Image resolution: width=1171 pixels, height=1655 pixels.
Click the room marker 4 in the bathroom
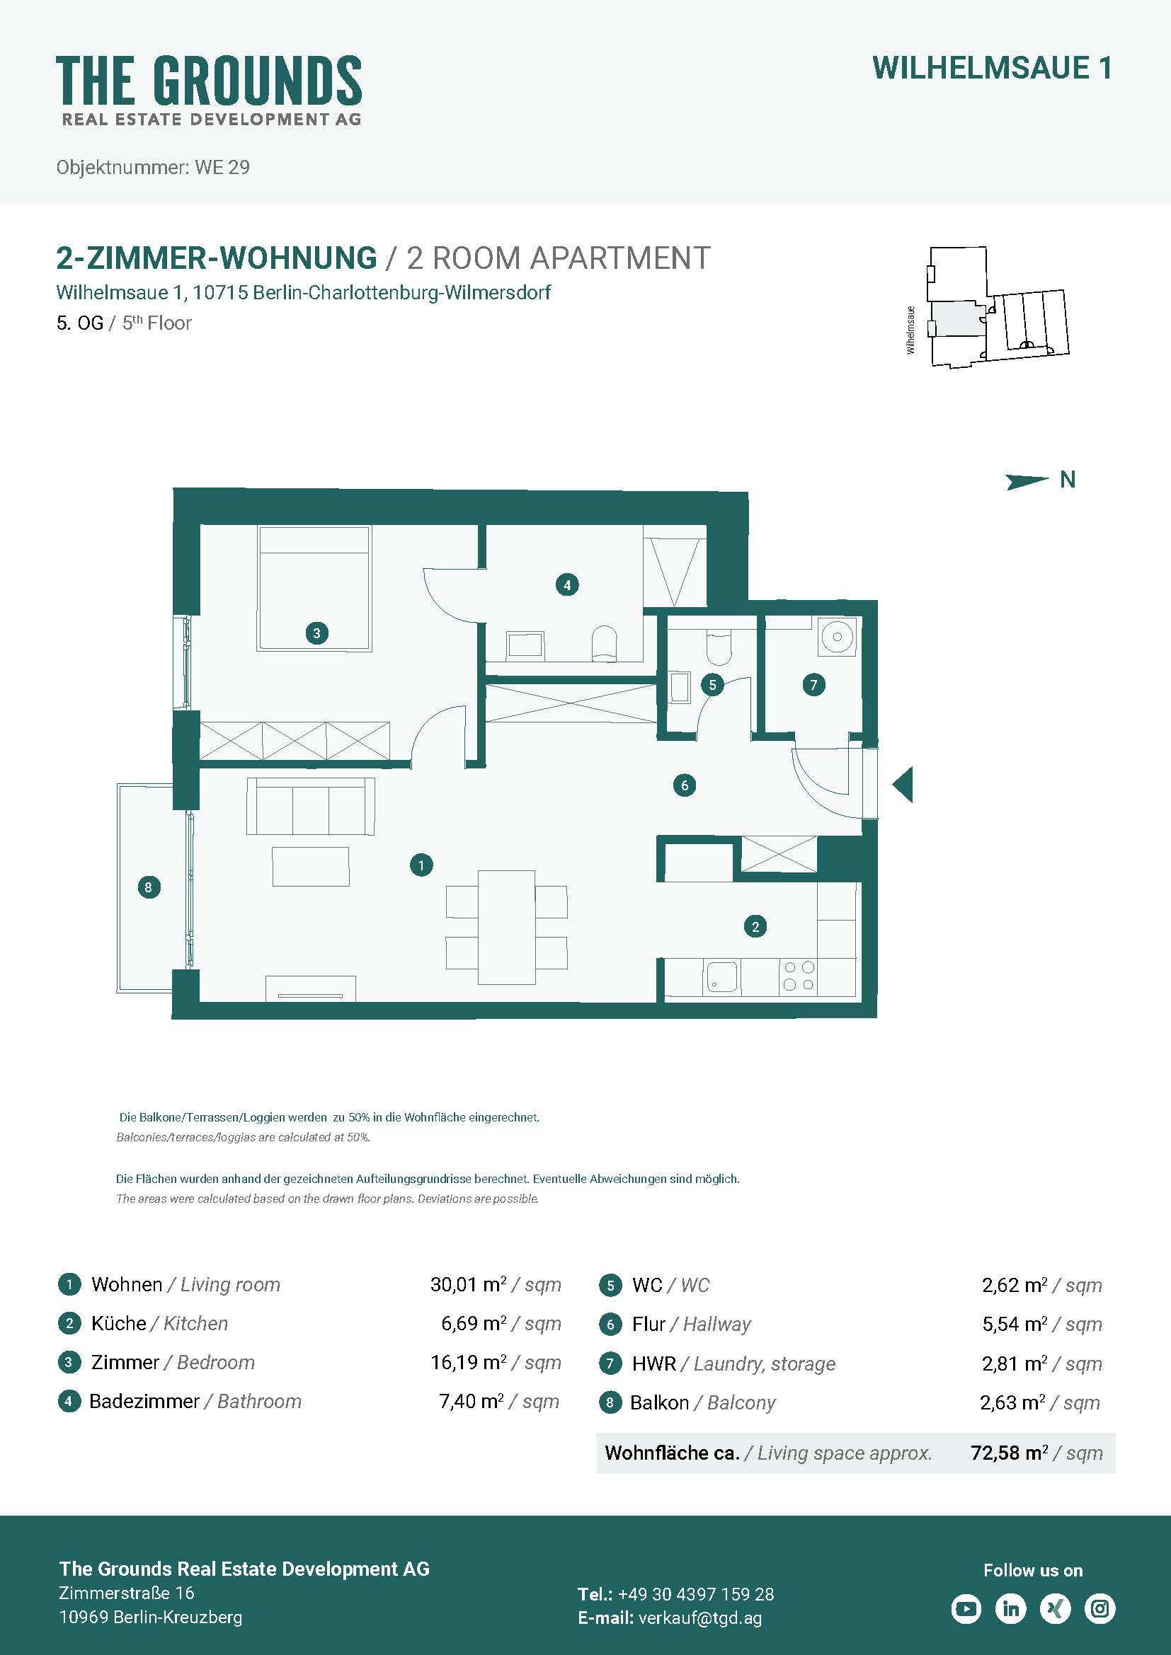(568, 584)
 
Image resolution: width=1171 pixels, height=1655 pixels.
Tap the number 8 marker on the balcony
(149, 887)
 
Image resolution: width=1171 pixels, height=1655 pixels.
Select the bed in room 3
(315, 589)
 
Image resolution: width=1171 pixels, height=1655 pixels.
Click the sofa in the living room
(311, 806)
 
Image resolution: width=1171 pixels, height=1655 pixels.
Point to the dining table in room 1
(507, 927)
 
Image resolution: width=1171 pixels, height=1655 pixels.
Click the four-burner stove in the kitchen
(799, 975)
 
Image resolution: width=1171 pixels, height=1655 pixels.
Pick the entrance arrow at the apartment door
(903, 784)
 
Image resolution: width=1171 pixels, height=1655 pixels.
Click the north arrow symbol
(1027, 480)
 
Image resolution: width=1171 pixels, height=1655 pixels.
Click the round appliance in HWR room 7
(837, 637)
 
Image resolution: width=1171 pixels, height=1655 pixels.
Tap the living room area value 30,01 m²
(469, 1284)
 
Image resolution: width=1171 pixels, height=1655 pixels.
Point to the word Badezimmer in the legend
(144, 1401)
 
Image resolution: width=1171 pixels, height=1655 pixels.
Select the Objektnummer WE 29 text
(153, 167)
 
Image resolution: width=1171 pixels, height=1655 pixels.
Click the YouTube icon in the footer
(966, 1608)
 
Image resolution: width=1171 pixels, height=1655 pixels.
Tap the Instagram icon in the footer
(1100, 1608)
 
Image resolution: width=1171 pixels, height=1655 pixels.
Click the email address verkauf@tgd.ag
(700, 1617)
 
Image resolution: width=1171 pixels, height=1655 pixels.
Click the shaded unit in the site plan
(956, 318)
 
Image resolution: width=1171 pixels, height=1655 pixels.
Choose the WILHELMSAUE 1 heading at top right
(992, 69)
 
